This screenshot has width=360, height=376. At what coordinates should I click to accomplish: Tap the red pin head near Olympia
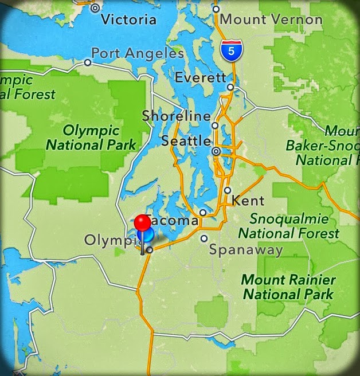[x=142, y=222]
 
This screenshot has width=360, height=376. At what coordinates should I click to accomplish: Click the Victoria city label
[x=128, y=19]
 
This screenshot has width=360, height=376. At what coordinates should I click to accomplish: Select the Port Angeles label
[x=138, y=53]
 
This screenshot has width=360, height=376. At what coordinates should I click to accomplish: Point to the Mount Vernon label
[x=271, y=19]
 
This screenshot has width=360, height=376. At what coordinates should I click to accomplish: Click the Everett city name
[x=201, y=77]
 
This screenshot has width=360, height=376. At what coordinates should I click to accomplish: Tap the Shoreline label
[x=176, y=116]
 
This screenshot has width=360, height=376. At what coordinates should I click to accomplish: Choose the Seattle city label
[x=186, y=140]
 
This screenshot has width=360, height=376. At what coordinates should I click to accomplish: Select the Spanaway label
[x=246, y=249]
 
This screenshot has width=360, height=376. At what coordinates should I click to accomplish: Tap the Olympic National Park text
[x=91, y=138]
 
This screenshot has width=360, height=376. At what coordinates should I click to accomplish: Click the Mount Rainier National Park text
[x=287, y=287]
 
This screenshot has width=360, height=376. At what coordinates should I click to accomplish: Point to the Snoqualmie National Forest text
[x=288, y=226]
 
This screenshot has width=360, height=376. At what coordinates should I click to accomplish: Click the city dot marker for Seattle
[x=216, y=151]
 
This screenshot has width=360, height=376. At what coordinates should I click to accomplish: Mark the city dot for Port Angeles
[x=88, y=62]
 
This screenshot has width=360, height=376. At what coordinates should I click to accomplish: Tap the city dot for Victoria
[x=95, y=8]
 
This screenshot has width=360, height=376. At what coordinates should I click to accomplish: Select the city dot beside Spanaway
[x=204, y=238]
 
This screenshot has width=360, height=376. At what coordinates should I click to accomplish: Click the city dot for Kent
[x=228, y=190]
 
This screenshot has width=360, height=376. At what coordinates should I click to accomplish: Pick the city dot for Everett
[x=230, y=87]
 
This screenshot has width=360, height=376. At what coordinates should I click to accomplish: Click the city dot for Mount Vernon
[x=216, y=9]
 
